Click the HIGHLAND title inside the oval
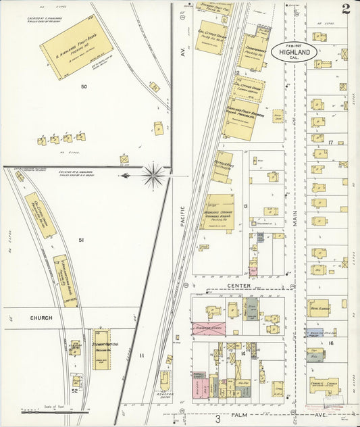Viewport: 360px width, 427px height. tap(294, 52)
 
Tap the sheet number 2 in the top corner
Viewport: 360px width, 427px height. tap(345, 9)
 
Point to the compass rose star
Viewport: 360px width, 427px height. tap(154, 176)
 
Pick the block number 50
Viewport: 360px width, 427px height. tap(84, 86)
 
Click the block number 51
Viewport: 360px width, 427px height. tap(82, 240)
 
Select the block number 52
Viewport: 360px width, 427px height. tap(75, 391)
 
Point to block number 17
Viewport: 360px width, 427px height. tap(330, 143)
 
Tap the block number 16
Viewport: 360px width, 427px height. tap(331, 343)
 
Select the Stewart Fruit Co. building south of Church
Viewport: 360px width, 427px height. tap(102, 349)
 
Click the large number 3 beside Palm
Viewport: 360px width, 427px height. tap(217, 419)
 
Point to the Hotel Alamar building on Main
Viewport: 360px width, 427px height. tap(319, 307)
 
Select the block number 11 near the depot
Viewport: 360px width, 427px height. tap(142, 355)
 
